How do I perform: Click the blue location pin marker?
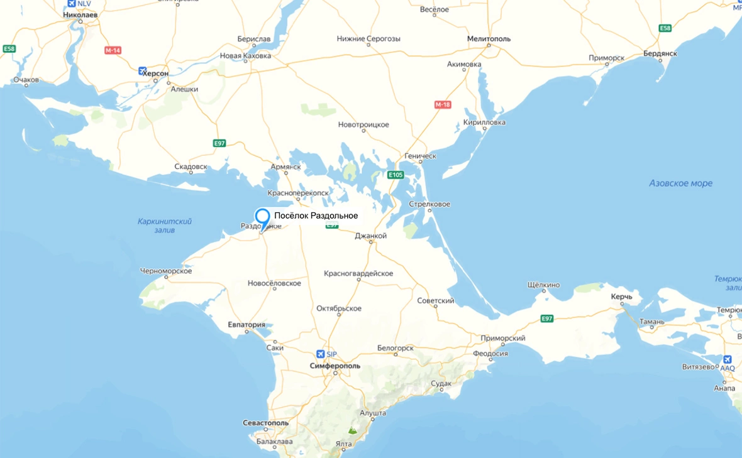point(262,217)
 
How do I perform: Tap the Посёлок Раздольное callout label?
point(316,215)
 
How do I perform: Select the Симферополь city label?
point(335,366)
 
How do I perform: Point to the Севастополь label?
point(265,423)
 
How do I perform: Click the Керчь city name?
point(621,297)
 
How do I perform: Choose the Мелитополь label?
point(489,39)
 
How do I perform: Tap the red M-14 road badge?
point(113,50)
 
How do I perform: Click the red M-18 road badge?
point(443,105)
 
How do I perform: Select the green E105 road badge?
point(396,175)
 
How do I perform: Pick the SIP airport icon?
point(321,354)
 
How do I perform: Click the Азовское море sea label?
point(680,183)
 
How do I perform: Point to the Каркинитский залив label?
point(164,226)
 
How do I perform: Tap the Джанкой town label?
point(370,236)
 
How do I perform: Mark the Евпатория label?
point(246,325)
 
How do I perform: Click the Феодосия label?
point(490,353)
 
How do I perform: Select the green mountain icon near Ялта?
point(352,430)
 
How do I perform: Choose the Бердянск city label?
point(660,53)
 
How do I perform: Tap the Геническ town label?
point(421,156)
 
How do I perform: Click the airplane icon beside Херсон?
point(143,71)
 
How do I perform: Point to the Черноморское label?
point(166,271)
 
